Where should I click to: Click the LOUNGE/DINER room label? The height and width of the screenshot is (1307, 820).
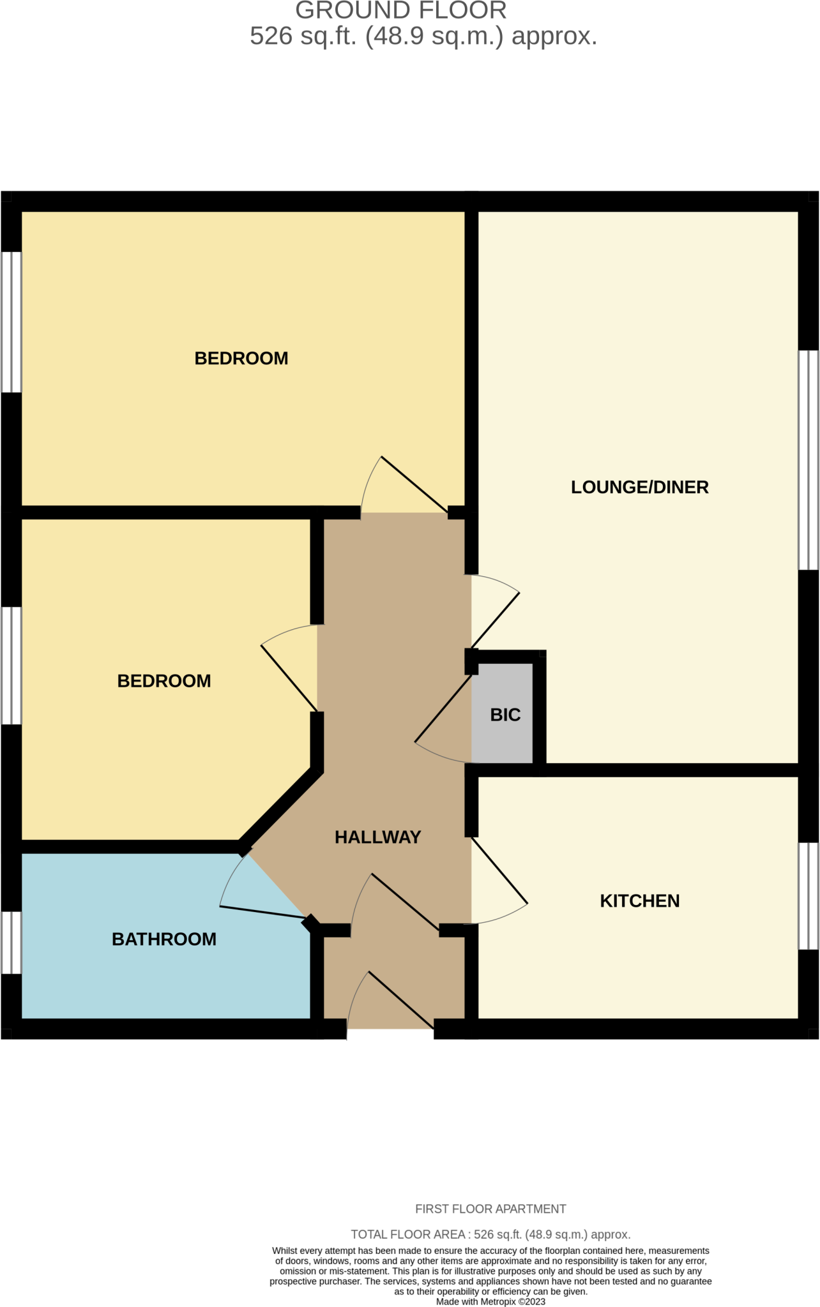tap(639, 488)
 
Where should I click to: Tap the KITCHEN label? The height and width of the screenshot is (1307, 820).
tap(639, 901)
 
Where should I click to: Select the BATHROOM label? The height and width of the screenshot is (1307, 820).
tap(164, 939)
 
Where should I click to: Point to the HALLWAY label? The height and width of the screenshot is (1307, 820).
tap(377, 837)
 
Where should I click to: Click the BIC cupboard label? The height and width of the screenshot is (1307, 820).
tap(505, 715)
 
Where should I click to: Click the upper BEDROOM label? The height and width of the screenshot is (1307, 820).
tap(241, 359)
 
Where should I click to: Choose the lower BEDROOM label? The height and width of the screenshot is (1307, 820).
tap(164, 681)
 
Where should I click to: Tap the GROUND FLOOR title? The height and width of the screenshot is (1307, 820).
tap(401, 11)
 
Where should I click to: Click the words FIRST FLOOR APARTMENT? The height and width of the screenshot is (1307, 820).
tap(490, 1209)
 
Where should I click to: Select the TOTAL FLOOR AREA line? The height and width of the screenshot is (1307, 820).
tap(490, 1234)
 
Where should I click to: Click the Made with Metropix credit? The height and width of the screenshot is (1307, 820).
tap(490, 1301)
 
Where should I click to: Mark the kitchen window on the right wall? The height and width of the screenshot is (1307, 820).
tap(809, 896)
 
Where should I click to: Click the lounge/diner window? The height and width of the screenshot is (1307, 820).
tap(809, 459)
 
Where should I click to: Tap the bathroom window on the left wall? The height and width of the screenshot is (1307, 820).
tap(11, 942)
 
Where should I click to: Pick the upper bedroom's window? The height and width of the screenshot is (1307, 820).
tap(11, 322)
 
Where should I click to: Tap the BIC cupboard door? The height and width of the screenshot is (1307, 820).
tap(443, 721)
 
